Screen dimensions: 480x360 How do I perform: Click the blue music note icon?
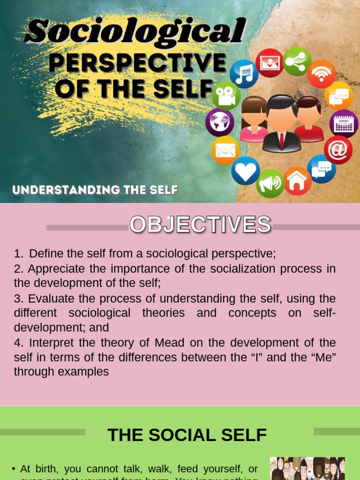click(244, 74)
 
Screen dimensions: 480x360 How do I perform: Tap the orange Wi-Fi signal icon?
click(321, 74)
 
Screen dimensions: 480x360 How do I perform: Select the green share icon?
click(297, 61)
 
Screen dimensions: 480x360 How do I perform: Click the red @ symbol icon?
click(338, 150)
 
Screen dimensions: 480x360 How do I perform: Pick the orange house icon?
click(297, 181)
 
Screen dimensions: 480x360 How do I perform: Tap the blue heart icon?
click(245, 171)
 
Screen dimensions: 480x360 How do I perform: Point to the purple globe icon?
click(219, 122)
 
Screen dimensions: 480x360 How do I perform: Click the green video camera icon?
click(226, 96)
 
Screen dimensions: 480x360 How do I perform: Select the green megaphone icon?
click(270, 183)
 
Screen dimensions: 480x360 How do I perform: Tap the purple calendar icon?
click(344, 124)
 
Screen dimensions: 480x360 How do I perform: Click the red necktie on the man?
click(281, 140)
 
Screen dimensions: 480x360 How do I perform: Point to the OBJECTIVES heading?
click(200, 225)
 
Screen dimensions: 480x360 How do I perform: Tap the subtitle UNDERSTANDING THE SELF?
click(95, 190)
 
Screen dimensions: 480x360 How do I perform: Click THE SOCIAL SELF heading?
click(187, 435)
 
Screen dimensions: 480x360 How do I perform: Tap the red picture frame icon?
click(270, 63)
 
